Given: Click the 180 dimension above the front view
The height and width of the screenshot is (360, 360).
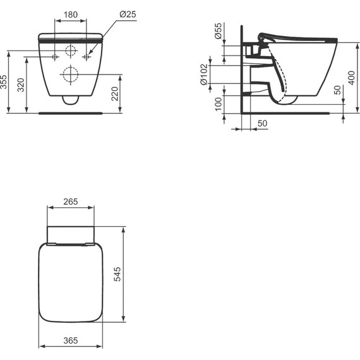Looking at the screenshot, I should [71, 15].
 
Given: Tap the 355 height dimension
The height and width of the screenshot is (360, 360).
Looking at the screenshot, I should [5, 82].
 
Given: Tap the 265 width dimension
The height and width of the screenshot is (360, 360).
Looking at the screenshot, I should [71, 201].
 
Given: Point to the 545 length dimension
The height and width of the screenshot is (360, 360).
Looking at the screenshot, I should [117, 273].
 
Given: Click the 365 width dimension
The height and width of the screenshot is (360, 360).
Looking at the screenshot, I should [71, 340].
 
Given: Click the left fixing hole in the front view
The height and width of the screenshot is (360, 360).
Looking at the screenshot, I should [56, 57].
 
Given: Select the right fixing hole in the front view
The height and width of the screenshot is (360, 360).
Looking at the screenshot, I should [87, 57].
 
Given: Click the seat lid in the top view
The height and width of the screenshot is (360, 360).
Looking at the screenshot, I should [71, 284].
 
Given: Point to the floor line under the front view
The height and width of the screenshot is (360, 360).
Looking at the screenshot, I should [71, 114].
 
